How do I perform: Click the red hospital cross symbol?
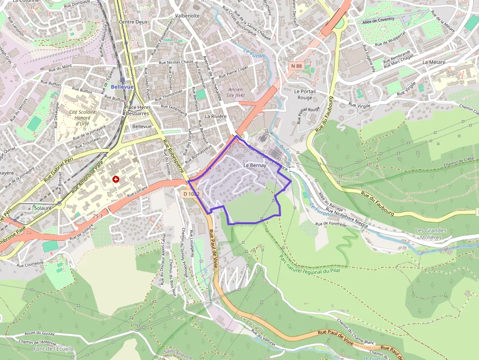pyautogui.click(x=116, y=179)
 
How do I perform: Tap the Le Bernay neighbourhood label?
pyautogui.click(x=255, y=166)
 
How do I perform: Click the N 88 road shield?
pyautogui.click(x=296, y=65)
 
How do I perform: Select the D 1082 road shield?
pyautogui.click(x=191, y=194)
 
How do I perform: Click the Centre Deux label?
pyautogui.click(x=133, y=22)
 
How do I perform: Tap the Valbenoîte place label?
pyautogui.click(x=187, y=16)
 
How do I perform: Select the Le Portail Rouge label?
pyautogui.click(x=305, y=94)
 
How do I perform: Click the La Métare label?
pyautogui.click(x=434, y=62)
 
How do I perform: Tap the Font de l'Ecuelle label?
pyautogui.click(x=54, y=349)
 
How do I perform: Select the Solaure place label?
pyautogui.click(x=43, y=208)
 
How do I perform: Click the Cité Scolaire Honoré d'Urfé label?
pyautogui.click(x=83, y=118)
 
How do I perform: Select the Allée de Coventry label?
pyautogui.click(x=378, y=21)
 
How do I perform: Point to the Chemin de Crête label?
pyautogui.click(x=458, y=159)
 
